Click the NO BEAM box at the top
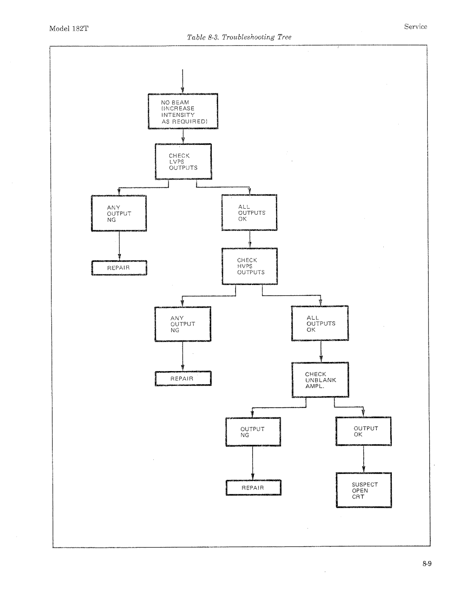[183, 111]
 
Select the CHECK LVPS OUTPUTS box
[183, 161]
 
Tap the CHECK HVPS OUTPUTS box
[250, 266]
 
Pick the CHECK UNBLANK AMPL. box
[320, 380]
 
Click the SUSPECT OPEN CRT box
[364, 490]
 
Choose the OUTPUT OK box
[364, 431]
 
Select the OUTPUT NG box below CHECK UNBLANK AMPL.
[253, 432]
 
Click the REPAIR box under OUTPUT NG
[253, 487]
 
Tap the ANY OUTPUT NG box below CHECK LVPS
[119, 213]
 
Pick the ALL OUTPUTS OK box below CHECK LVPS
[250, 212]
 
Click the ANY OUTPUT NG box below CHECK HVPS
[183, 324]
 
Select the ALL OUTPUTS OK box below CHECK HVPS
[320, 323]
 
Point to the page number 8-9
[427, 563]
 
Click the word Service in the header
[415, 26]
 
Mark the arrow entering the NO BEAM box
[183, 81]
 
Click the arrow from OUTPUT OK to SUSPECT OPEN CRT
[364, 459]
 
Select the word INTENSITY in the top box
[178, 115]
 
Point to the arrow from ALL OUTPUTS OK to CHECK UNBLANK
[321, 351]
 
